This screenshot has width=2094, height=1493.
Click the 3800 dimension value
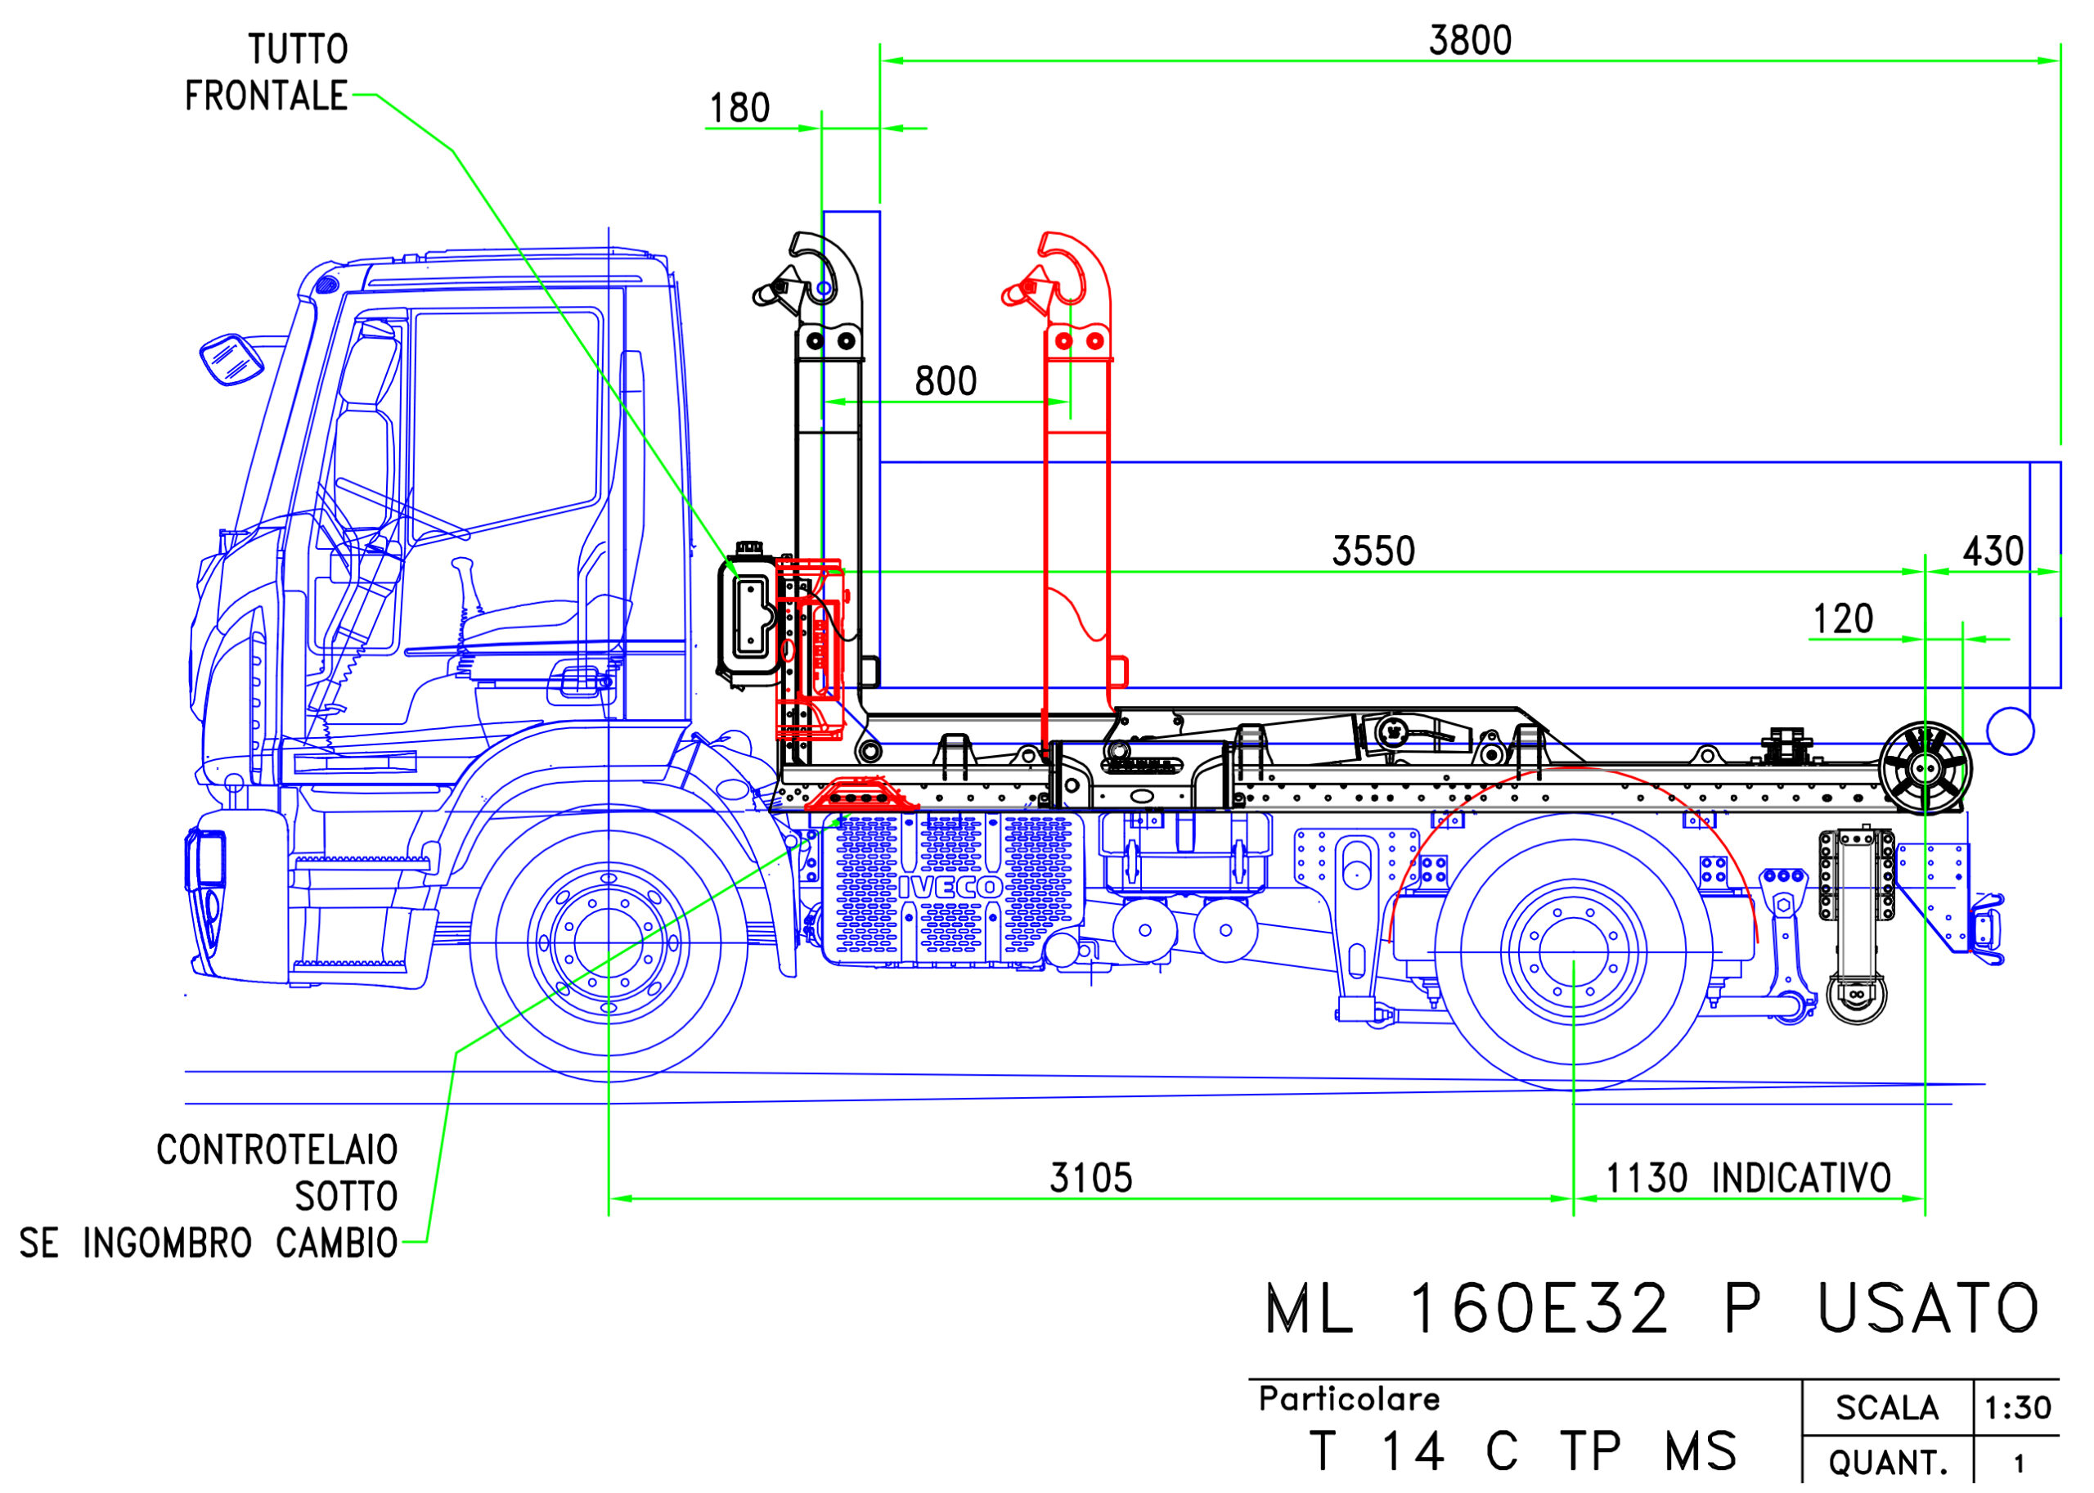click(1470, 40)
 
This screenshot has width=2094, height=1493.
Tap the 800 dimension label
click(945, 381)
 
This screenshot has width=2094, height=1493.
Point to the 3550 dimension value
click(1373, 551)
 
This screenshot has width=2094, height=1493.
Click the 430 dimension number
click(1993, 551)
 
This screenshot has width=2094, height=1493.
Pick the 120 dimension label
click(1842, 619)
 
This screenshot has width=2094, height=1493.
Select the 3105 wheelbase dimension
click(1091, 1179)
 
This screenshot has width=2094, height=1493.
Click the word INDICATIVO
click(1801, 1179)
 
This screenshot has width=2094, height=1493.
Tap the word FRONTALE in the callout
click(267, 96)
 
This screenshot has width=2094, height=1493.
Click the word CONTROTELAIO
click(276, 1150)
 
